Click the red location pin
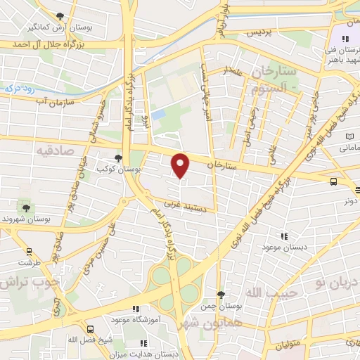click(181, 165)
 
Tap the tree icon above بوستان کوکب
click(119, 159)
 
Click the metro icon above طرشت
click(29, 251)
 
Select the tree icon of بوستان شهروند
click(27, 207)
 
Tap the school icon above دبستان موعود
click(284, 237)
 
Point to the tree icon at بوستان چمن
click(221, 294)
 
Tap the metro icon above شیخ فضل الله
click(90, 329)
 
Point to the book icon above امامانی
click(349, 136)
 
